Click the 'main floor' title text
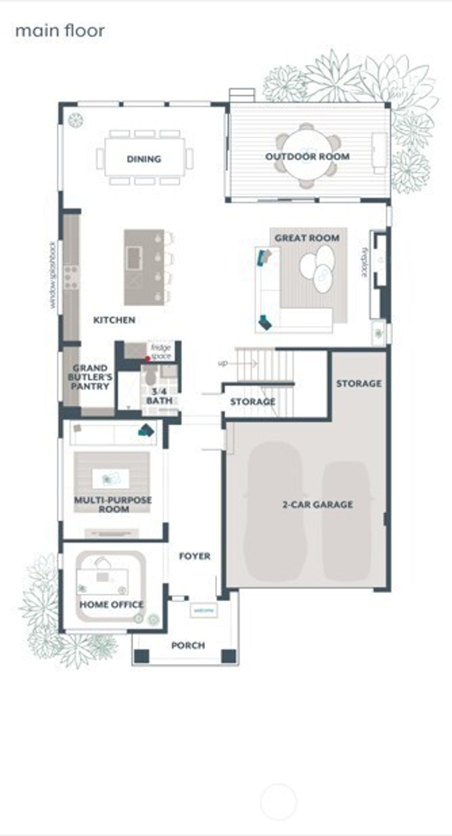(x=60, y=31)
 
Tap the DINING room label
(x=144, y=159)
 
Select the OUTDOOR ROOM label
(x=307, y=157)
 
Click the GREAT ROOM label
(x=307, y=238)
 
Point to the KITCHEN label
(x=114, y=320)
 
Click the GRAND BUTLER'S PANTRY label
(x=90, y=377)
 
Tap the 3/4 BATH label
(x=159, y=396)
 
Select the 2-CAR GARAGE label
(x=317, y=504)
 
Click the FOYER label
(x=195, y=556)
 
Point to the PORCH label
(x=188, y=645)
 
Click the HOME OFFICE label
(x=112, y=604)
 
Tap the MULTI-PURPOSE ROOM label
(x=113, y=505)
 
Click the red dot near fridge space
(x=147, y=359)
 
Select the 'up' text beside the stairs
(x=223, y=363)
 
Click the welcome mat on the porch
(x=203, y=611)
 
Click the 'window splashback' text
(x=53, y=274)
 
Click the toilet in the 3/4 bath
(x=151, y=377)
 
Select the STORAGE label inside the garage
(x=359, y=383)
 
